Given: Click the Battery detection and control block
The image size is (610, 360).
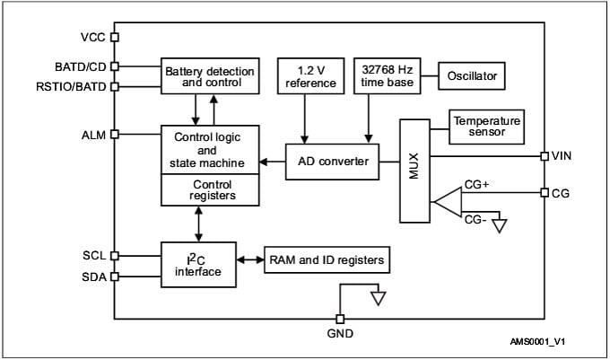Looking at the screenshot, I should click(208, 76).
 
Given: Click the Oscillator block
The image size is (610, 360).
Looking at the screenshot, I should click(472, 76).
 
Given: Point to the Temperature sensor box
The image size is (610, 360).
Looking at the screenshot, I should click(485, 127).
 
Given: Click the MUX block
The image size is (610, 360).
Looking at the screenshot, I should click(414, 171).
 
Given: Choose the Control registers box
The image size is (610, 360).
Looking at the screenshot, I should click(212, 190).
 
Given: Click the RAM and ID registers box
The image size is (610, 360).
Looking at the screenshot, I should click(326, 261).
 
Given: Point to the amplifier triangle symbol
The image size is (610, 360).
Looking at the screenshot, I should click(447, 203).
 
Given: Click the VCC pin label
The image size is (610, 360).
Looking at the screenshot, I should click(93, 38).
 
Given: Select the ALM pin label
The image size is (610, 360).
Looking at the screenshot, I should click(93, 135).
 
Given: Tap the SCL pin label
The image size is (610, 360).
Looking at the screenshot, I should click(94, 256).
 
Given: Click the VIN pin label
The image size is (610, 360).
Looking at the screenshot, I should click(563, 156).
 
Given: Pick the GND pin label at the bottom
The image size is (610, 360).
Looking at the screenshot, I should click(340, 334).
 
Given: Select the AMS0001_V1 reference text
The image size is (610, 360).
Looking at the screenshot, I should click(544, 343).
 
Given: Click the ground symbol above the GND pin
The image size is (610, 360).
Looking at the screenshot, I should click(379, 297).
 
